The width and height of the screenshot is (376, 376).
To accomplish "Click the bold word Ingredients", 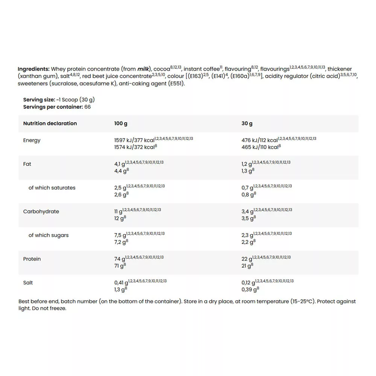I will click(x=33, y=69).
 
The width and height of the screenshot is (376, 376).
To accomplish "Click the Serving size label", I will click(x=39, y=100).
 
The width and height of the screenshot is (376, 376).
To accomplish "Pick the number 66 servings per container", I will click(x=87, y=107).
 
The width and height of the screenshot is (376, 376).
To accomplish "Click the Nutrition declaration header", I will click(x=50, y=123).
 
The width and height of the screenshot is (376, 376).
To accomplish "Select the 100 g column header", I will click(x=121, y=123).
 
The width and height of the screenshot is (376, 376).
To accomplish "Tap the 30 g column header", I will click(x=247, y=123).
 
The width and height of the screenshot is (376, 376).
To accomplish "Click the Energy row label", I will click(x=32, y=140).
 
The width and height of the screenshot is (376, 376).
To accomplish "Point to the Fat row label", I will click(x=27, y=164).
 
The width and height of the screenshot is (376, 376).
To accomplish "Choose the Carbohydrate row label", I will click(x=41, y=211).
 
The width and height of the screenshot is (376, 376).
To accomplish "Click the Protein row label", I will click(x=32, y=259).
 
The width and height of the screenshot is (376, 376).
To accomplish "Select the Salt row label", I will click(x=28, y=282).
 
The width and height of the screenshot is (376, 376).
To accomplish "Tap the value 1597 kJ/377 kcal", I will click(x=134, y=140).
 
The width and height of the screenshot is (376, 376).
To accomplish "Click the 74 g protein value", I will click(x=120, y=259).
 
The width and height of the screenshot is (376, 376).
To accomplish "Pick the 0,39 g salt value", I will click(x=249, y=290).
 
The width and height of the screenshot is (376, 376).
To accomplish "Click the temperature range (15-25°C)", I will click(x=302, y=302).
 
